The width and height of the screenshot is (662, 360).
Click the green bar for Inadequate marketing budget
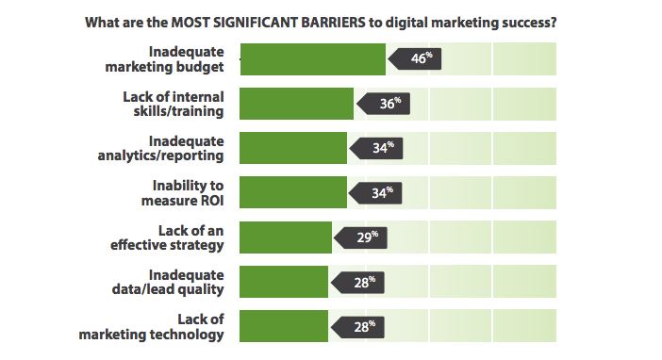pyautogui.click(x=312, y=58)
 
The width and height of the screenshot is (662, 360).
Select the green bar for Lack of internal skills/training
pyautogui.click(x=296, y=104)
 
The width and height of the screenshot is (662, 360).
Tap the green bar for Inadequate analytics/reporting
pyautogui.click(x=293, y=148)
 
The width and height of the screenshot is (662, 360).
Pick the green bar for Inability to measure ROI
pyautogui.click(x=293, y=192)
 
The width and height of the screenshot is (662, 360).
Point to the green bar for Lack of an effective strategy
pyautogui.click(x=286, y=237)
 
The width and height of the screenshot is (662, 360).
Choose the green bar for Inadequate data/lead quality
pyautogui.click(x=284, y=281)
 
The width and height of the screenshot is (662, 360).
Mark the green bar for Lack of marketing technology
pyautogui.click(x=284, y=326)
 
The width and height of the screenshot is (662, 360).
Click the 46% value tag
pyautogui.click(x=415, y=58)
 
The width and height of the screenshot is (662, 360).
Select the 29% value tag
pyautogui.click(x=361, y=237)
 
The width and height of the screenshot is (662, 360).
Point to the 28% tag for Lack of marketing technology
pyautogui.click(x=357, y=326)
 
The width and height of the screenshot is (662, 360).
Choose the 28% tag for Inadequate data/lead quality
pyautogui.click(x=357, y=281)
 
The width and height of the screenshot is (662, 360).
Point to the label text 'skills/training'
pyautogui.click(x=178, y=111)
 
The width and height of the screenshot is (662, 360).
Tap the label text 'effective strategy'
pyautogui.click(x=167, y=245)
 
